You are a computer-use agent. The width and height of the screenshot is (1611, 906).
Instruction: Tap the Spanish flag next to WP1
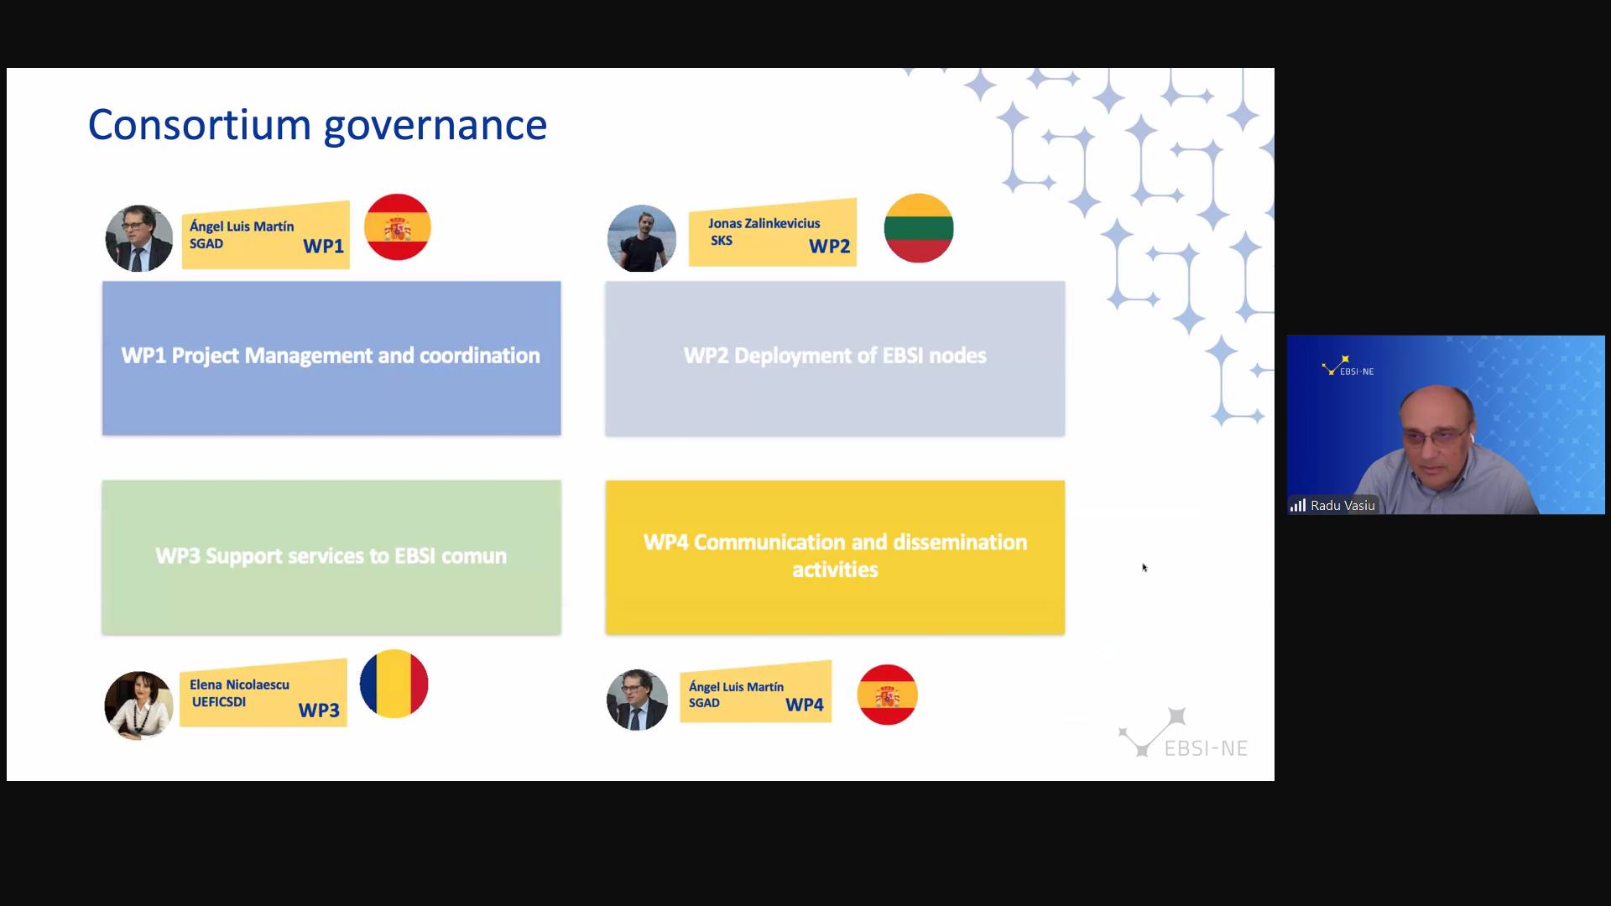398,226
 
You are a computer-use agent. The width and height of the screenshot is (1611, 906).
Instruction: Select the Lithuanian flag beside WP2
919,228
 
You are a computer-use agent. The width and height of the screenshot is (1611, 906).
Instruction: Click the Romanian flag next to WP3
394,684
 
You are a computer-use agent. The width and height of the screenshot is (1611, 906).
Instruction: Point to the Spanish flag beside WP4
887,695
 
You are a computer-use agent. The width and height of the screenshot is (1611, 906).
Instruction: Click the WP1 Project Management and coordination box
331,358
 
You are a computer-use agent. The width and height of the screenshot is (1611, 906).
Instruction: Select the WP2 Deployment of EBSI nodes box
835,358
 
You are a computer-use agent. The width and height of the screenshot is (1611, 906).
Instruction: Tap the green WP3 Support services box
331,557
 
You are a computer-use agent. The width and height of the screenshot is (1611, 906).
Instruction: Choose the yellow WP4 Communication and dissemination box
835,557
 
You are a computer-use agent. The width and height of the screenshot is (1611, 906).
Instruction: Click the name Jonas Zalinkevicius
764,223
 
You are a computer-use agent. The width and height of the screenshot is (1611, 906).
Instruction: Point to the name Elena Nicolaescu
239,685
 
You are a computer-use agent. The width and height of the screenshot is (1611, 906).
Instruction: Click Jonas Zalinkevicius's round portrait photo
642,238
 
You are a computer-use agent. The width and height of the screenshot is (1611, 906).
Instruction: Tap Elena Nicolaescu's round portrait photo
138,705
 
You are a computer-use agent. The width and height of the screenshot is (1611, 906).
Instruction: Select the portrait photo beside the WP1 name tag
139,238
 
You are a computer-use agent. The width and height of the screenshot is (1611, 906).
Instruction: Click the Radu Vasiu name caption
1342,505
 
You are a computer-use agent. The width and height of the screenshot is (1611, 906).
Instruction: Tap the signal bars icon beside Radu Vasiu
1298,505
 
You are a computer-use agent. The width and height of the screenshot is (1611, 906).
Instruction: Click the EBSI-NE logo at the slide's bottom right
1183,733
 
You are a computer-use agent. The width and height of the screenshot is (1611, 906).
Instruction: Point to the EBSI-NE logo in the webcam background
1348,366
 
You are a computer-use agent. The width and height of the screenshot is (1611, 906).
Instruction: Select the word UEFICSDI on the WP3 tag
219,702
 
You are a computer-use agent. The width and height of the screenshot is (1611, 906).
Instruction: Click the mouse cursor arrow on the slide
1144,568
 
